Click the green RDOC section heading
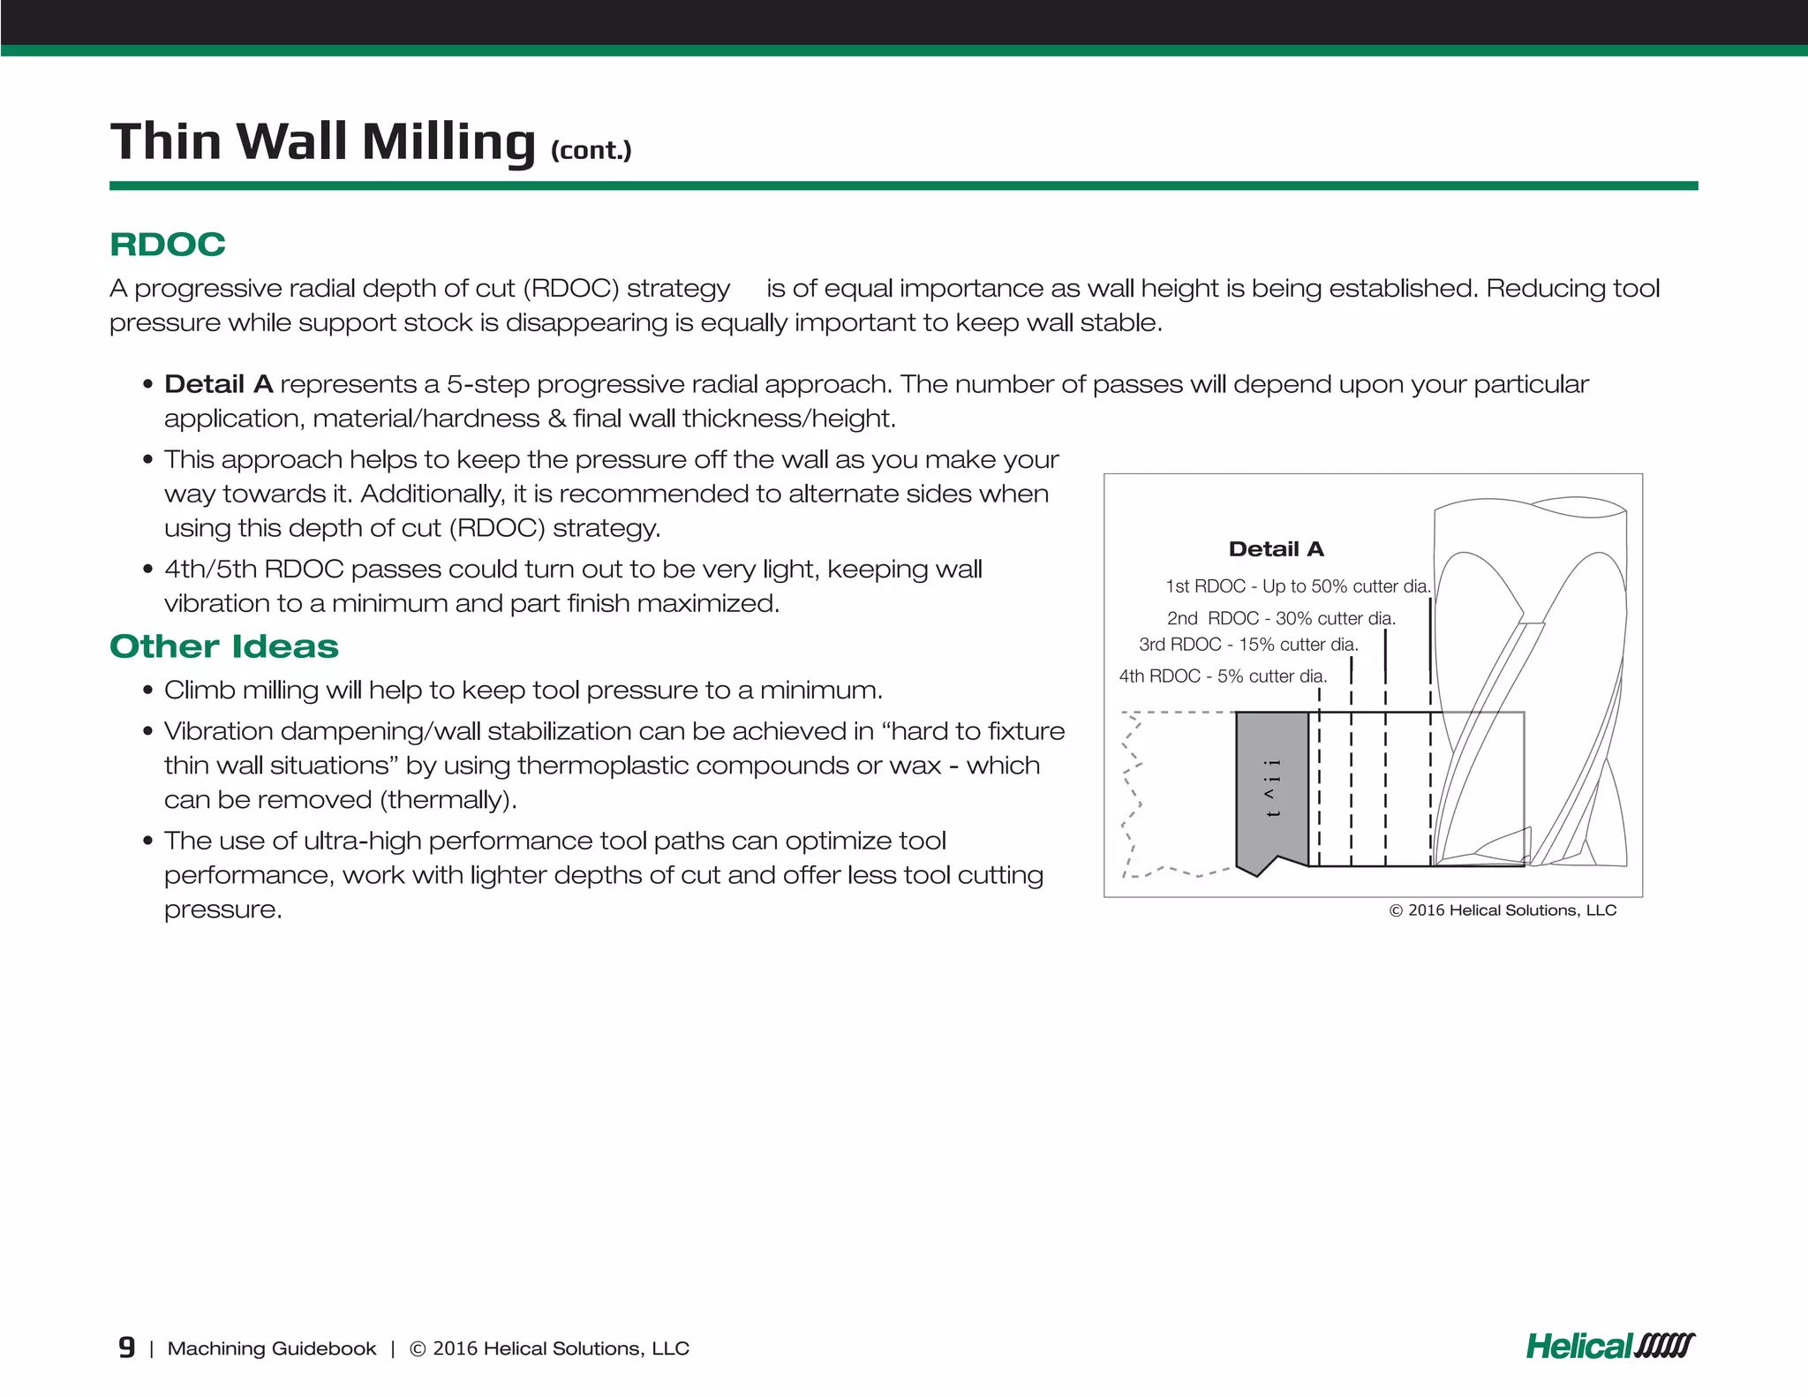click(x=168, y=245)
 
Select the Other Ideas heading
click(x=224, y=646)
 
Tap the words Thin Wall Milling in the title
click(x=322, y=141)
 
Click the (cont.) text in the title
click(x=591, y=150)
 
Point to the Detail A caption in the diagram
click(x=1276, y=549)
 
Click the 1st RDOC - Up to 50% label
click(x=1296, y=586)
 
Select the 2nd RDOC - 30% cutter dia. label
click(x=1280, y=618)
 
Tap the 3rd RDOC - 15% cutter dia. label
click(x=1247, y=645)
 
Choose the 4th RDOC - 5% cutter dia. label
click(x=1223, y=676)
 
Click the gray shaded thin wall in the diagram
click(x=1271, y=786)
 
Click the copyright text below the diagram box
click(x=1503, y=910)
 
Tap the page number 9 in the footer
click(x=126, y=1348)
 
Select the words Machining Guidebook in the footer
click(x=272, y=1348)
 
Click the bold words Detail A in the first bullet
click(x=218, y=384)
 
